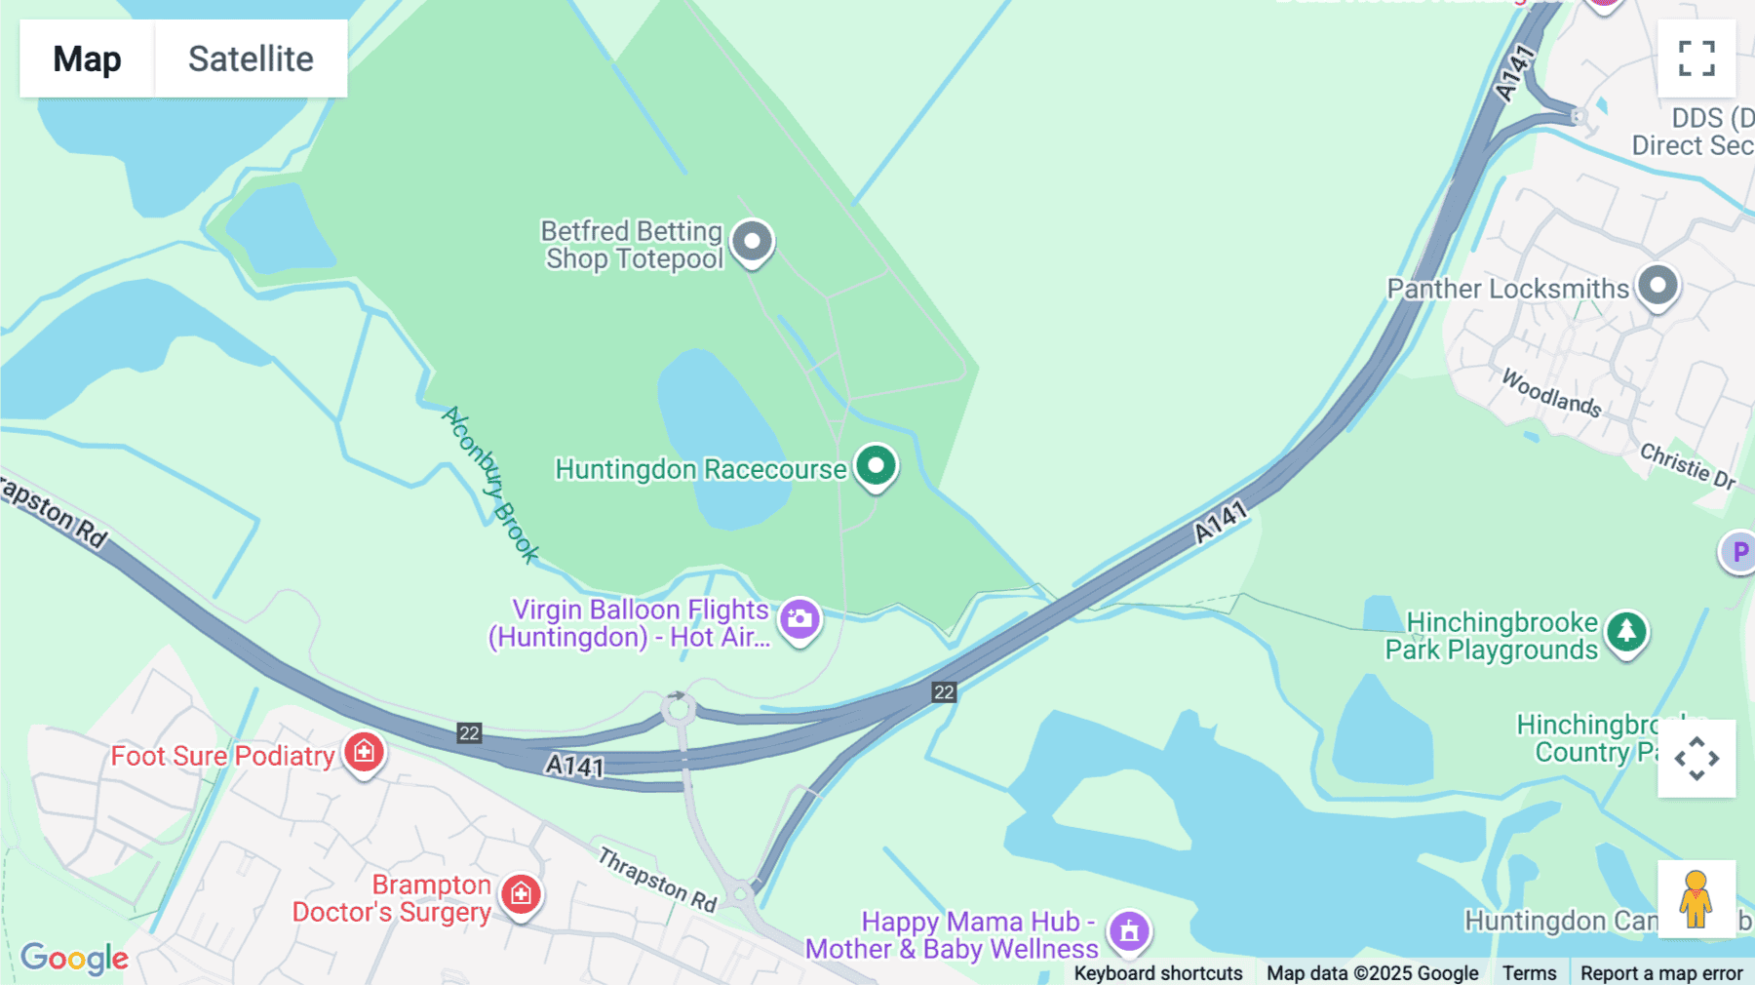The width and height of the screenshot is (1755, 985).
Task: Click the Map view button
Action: tap(87, 59)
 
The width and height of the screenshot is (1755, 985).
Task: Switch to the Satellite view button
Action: tap(251, 59)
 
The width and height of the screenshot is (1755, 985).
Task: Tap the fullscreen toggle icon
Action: tap(1696, 59)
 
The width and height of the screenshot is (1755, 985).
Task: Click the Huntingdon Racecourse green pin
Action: tap(876, 466)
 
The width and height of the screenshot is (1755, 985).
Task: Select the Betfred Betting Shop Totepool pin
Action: tap(752, 242)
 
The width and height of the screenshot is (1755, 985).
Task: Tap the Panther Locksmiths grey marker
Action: tap(1657, 287)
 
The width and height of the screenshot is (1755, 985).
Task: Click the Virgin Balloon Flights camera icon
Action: tap(799, 619)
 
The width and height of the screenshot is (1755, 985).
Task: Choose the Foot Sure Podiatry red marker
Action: tap(364, 752)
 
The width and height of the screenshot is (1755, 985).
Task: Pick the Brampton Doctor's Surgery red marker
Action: tap(521, 893)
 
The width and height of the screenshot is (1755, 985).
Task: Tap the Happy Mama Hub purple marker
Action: tap(1129, 931)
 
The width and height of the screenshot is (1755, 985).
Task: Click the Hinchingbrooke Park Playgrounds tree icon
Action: tap(1625, 632)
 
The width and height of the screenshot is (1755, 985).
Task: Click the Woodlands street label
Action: tap(1551, 392)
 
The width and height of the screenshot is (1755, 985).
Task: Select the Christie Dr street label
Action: tap(1687, 465)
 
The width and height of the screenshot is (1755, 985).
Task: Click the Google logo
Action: tap(74, 958)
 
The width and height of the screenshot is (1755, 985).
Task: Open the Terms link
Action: tap(1529, 973)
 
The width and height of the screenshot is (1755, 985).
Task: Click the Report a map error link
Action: tap(1661, 973)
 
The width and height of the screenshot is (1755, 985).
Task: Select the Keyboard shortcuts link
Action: tap(1158, 973)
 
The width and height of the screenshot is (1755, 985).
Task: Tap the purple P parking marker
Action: tap(1738, 552)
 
